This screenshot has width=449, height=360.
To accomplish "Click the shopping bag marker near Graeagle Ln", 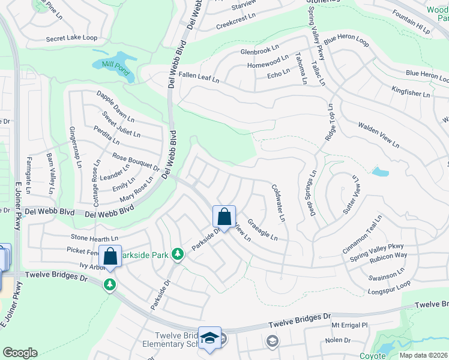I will (224, 217).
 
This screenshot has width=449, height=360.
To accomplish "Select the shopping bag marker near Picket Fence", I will (111, 256).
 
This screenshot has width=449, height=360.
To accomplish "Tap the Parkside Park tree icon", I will (177, 254).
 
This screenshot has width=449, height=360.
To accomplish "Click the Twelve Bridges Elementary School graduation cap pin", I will (210, 338).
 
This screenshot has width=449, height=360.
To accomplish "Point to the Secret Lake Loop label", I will (71, 38).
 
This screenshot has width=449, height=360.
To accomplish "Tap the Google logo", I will (20, 352).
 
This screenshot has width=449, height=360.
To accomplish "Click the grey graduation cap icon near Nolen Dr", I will (271, 341).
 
